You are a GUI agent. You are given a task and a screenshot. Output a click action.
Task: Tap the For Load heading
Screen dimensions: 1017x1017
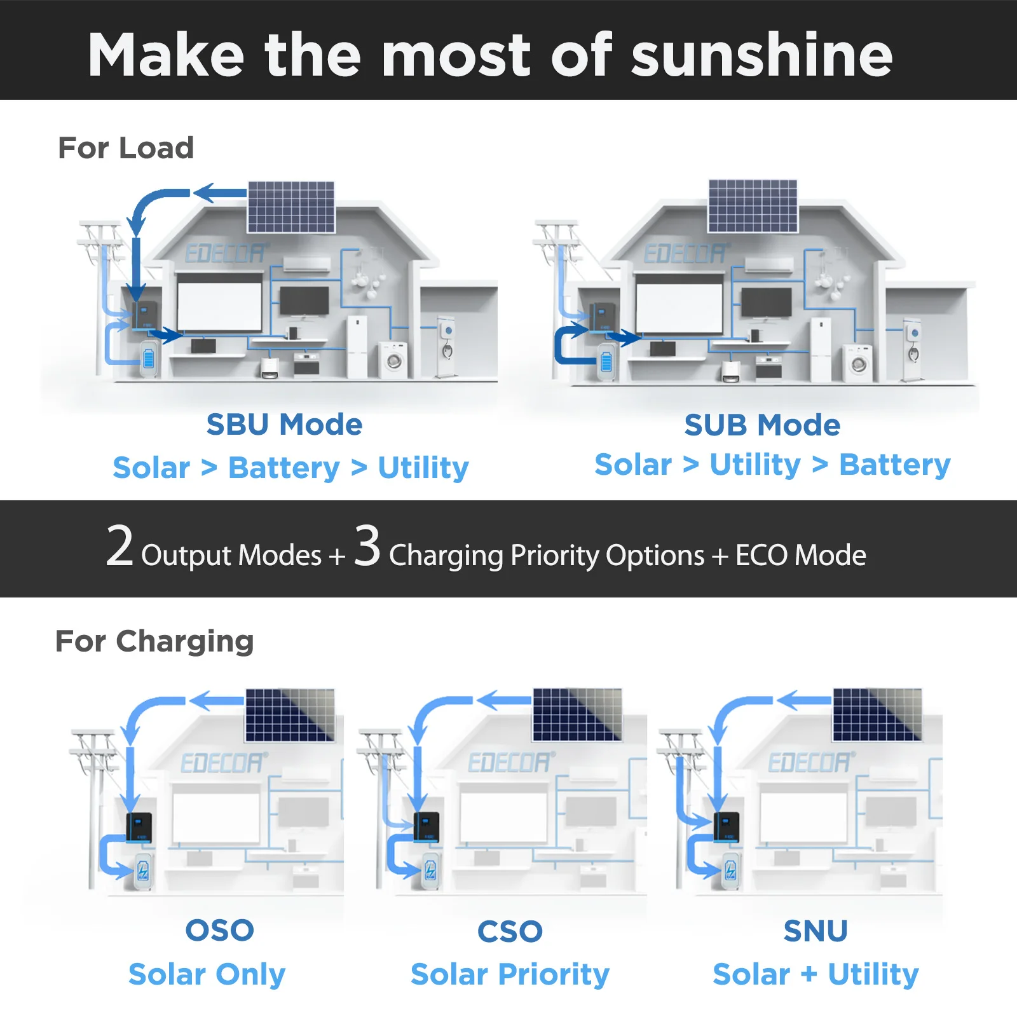(126, 148)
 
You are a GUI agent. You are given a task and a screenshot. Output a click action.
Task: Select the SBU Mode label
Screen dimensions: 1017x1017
(284, 425)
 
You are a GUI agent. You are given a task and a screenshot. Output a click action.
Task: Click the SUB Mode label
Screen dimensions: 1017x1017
(762, 425)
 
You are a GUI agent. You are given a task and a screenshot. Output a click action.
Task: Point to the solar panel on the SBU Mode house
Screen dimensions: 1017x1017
(291, 207)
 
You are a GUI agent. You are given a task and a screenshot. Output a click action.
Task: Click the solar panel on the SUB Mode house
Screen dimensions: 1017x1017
(753, 206)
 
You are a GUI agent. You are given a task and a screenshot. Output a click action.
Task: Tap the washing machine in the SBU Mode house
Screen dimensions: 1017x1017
(394, 360)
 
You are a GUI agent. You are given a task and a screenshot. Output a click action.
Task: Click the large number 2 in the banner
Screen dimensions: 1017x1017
(119, 546)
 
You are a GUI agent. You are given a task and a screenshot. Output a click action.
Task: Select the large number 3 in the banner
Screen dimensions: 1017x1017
(367, 546)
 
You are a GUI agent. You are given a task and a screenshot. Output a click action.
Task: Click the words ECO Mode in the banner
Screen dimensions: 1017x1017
(801, 556)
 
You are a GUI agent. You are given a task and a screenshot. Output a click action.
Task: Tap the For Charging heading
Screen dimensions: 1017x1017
(154, 641)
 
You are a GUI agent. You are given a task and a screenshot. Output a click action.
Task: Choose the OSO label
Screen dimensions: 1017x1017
(220, 931)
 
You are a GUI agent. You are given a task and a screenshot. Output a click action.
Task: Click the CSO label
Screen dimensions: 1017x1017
(510, 932)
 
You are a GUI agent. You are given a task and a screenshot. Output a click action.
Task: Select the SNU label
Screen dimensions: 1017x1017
(816, 931)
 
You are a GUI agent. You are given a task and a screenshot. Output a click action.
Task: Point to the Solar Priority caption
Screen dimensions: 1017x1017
(510, 974)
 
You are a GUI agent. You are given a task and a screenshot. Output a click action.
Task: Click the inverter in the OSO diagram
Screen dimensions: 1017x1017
(139, 827)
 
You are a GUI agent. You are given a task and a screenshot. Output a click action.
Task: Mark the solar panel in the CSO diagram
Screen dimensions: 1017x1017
(577, 714)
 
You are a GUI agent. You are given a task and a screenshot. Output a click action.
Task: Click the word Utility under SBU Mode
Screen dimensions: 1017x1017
(423, 468)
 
